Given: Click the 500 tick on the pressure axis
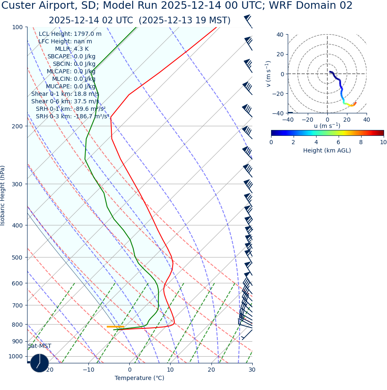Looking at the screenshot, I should point(17,257).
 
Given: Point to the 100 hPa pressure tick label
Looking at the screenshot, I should point(17,27).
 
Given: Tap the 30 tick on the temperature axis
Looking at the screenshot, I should point(252,370).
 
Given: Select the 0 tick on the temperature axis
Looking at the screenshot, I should point(129,370).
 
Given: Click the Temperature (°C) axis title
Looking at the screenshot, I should point(139,378).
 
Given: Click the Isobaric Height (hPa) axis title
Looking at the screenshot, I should point(3,195).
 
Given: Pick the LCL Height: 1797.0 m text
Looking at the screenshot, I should point(70,34).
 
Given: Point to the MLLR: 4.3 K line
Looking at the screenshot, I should point(72,49).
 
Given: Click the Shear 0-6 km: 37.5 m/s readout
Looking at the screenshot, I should point(65,102).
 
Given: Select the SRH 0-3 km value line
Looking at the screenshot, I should point(73,117).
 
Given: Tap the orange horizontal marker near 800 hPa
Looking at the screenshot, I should point(115,327).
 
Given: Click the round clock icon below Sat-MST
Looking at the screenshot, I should point(40,363).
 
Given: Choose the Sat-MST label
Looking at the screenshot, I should point(40,346).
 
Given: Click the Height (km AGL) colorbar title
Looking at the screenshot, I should point(327,150).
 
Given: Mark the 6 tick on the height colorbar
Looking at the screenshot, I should point(339,142).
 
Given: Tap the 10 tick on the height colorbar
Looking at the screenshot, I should point(383,142).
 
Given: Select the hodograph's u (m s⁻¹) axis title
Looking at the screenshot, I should point(327,126).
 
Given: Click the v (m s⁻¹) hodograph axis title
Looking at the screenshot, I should point(269,74).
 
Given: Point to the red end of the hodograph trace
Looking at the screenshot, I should point(355,102).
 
